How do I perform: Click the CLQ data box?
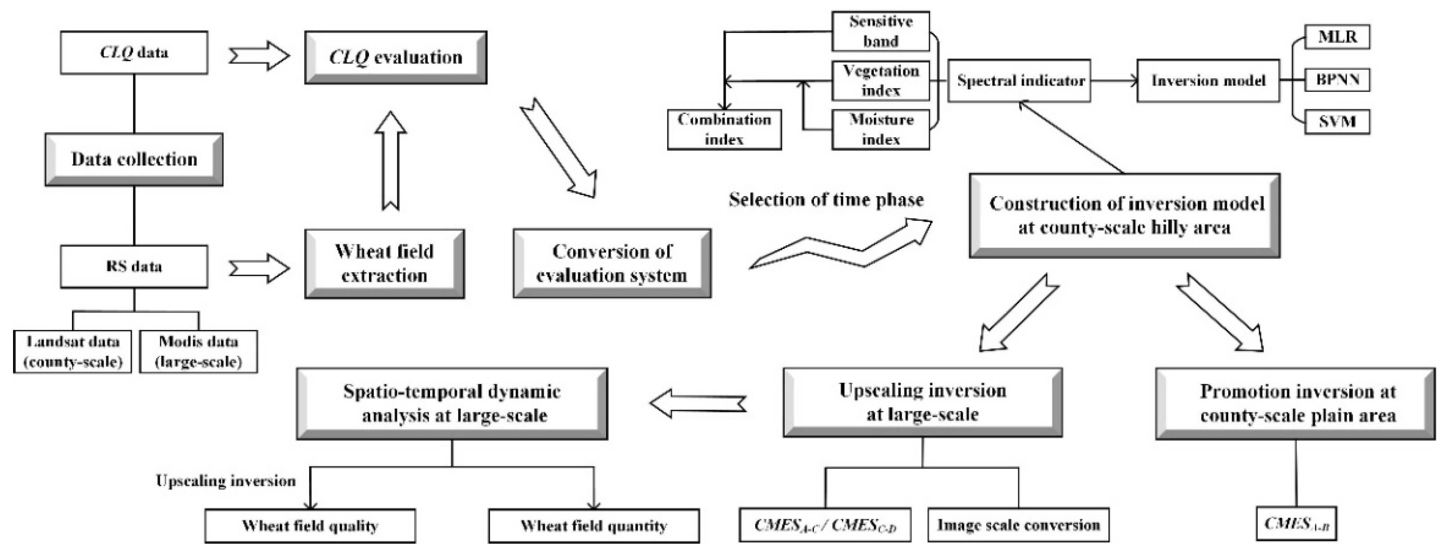(134, 52)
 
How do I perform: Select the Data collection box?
(134, 159)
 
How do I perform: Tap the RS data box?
(134, 266)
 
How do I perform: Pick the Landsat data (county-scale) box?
(73, 351)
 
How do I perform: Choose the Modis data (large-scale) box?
(198, 351)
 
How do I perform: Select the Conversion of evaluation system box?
(612, 263)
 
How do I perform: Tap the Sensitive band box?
(880, 32)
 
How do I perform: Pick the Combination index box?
(724, 130)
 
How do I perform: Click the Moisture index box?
(880, 130)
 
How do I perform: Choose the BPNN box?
(1337, 80)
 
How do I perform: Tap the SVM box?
(1337, 122)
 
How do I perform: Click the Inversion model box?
(1208, 81)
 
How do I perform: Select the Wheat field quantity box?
(594, 526)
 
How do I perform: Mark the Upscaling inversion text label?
(226, 481)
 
